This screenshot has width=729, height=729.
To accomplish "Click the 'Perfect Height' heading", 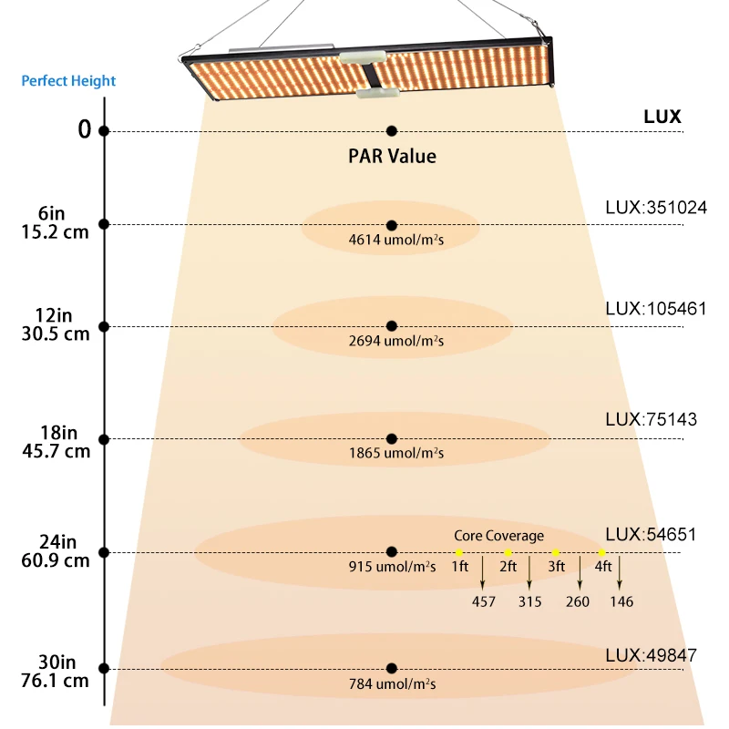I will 69,81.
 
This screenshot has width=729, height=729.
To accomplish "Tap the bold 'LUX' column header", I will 662,118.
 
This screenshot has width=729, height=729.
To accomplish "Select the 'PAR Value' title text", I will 392,156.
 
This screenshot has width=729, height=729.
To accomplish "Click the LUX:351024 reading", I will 656,207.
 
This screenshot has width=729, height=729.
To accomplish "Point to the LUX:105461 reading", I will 656,309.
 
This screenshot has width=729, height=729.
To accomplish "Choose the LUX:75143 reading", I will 652,420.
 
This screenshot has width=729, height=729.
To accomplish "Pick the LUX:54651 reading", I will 651,533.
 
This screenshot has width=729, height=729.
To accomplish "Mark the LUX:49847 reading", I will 651,655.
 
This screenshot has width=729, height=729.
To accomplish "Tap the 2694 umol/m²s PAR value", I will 392,342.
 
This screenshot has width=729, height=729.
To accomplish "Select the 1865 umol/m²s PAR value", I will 392,453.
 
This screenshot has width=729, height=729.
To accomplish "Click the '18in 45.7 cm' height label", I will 56,440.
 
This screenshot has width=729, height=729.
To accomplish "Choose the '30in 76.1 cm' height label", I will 56,670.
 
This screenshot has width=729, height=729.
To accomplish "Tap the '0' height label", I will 85,130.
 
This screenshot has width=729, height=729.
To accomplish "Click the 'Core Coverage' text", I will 498,536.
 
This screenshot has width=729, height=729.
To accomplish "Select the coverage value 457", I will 484,601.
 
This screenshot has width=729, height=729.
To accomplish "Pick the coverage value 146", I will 621,601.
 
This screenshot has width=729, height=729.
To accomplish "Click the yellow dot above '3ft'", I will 555,553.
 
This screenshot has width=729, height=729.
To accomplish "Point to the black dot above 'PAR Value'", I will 392,131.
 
